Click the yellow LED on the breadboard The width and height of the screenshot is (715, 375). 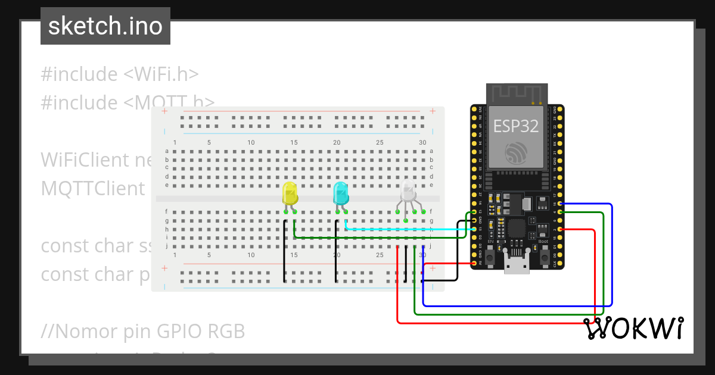tap(290, 195)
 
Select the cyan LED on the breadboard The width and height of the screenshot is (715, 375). tap(340, 194)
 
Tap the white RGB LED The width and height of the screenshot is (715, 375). tap(408, 192)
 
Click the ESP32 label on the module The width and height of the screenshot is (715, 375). tap(516, 126)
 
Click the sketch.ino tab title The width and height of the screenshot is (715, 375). tap(105, 26)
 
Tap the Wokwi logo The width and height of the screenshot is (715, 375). tap(633, 329)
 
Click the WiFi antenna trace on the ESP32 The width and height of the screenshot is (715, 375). tap(516, 93)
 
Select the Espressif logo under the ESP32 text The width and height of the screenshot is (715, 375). tap(516, 154)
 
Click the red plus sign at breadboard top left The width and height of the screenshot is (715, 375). tap(165, 111)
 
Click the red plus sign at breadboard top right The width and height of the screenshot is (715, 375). tap(433, 111)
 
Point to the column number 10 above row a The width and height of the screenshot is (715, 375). tap(251, 143)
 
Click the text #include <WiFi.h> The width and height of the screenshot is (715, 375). tap(120, 74)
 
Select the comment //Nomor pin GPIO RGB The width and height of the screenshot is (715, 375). tap(143, 331)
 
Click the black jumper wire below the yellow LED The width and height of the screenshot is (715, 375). tap(285, 250)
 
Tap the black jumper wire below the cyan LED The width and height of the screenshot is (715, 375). tap(336, 250)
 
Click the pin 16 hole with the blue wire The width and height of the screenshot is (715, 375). tap(559, 204)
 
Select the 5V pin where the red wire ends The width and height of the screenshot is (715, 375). tap(474, 262)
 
